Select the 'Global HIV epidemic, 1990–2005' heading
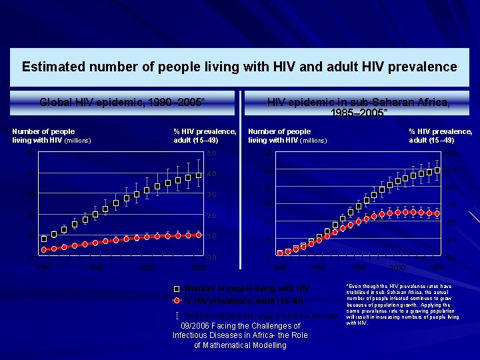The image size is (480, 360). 122,102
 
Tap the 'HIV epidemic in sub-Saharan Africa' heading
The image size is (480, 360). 358,102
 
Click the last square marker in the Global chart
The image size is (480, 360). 199,175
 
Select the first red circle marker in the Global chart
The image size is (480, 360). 44,249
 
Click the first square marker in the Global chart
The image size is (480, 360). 44,238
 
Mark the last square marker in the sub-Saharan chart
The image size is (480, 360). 437,170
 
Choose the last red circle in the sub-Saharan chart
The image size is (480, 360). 437,213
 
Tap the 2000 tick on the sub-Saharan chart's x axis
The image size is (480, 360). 399,267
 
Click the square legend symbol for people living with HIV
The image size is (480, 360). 177,289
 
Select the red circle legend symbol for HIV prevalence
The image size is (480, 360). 177,301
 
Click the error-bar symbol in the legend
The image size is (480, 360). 177,314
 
